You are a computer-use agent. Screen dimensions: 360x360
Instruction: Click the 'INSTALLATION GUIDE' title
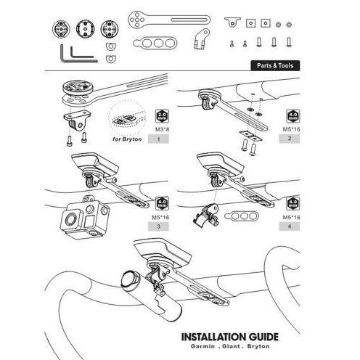[229, 337]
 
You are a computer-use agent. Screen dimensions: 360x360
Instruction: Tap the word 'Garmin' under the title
[200, 348]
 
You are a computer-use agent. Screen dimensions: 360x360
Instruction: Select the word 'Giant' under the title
[231, 348]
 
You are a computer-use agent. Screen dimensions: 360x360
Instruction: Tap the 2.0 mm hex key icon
[162, 115]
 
